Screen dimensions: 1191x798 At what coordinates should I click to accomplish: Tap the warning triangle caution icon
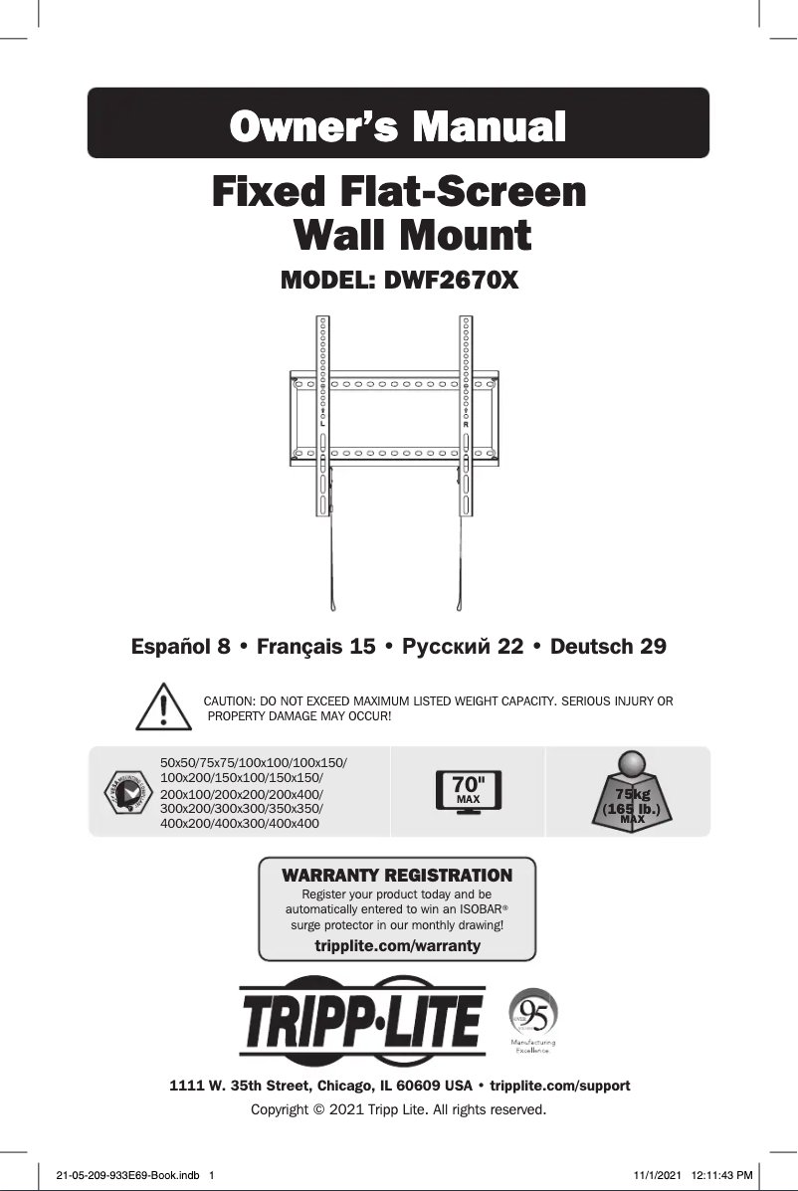(161, 708)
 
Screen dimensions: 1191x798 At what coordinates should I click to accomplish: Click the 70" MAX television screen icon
(469, 791)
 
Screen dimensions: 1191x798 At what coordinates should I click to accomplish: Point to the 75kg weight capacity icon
(632, 791)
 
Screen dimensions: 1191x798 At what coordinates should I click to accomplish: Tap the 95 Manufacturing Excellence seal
(533, 1019)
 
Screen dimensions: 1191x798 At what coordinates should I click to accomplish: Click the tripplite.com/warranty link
(397, 945)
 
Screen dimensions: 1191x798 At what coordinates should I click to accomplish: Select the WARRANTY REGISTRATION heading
(397, 876)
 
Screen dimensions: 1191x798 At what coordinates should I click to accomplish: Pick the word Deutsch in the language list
(593, 647)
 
